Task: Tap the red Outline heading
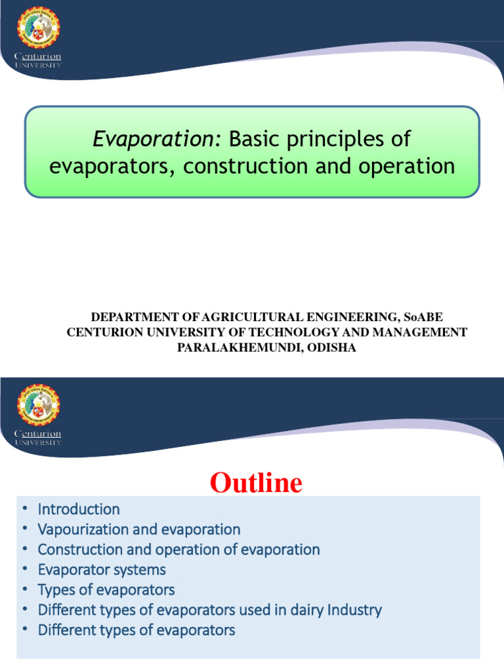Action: [256, 483]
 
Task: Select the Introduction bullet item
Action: [79, 509]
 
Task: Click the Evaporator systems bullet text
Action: [102, 569]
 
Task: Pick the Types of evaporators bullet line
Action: [106, 590]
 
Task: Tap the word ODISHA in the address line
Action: [331, 348]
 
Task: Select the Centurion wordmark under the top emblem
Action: [38, 58]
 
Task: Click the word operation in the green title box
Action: [404, 166]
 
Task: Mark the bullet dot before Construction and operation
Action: [25, 549]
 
